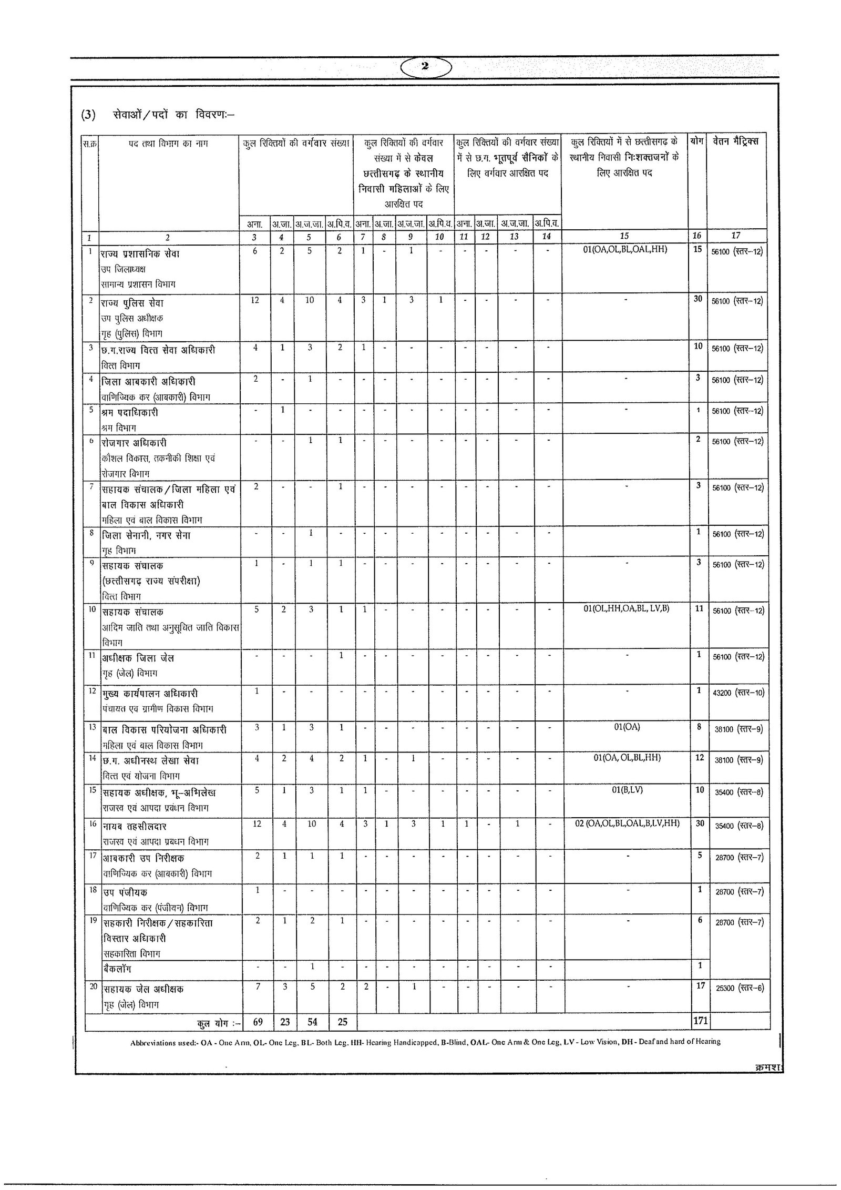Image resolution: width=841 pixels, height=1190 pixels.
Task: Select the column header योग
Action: pyautogui.click(x=697, y=141)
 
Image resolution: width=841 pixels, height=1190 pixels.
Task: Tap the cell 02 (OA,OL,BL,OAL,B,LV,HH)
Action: pyautogui.click(x=627, y=823)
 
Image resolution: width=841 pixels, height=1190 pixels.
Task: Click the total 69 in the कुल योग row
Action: pyautogui.click(x=257, y=1022)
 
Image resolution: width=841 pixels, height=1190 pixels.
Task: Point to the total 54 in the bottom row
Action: pyautogui.click(x=310, y=1022)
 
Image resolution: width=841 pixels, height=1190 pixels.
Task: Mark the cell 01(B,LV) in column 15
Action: pyautogui.click(x=624, y=790)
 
